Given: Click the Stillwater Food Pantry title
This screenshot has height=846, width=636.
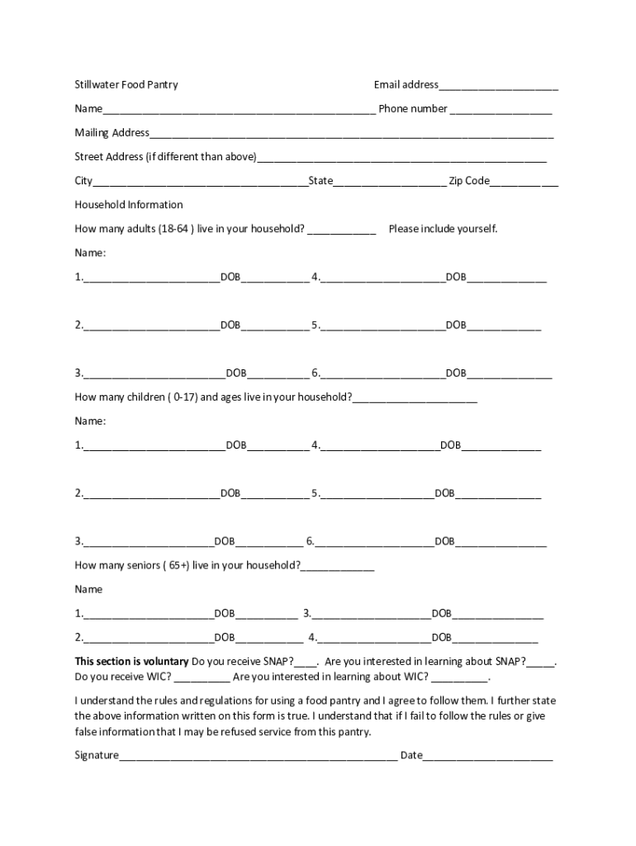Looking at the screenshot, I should (x=126, y=84).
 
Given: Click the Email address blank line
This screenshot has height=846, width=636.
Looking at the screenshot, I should (x=498, y=86).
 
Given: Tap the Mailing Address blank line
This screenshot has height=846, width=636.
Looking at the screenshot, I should (x=351, y=134).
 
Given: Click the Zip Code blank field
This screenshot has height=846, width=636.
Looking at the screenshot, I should (x=524, y=183).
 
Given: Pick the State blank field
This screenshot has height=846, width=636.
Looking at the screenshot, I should (x=389, y=183).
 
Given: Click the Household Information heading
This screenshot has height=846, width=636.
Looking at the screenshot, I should (x=129, y=205).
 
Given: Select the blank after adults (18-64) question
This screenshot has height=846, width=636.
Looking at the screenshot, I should (x=342, y=231).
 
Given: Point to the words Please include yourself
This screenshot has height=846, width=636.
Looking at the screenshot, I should (x=443, y=229).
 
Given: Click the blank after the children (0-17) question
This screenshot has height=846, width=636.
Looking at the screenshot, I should (x=415, y=399).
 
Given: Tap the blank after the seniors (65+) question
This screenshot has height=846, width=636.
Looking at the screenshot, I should (x=337, y=568).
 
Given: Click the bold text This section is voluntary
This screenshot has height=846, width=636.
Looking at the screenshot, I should (x=132, y=662).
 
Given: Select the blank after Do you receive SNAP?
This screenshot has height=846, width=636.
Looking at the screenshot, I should (x=306, y=663).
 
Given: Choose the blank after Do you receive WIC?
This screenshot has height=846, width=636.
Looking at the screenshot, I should (x=202, y=679).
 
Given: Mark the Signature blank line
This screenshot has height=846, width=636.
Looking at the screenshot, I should (x=258, y=757).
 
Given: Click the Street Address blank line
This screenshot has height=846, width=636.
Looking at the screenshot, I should (x=401, y=159).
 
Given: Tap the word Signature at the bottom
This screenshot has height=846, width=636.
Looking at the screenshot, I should (x=97, y=755).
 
